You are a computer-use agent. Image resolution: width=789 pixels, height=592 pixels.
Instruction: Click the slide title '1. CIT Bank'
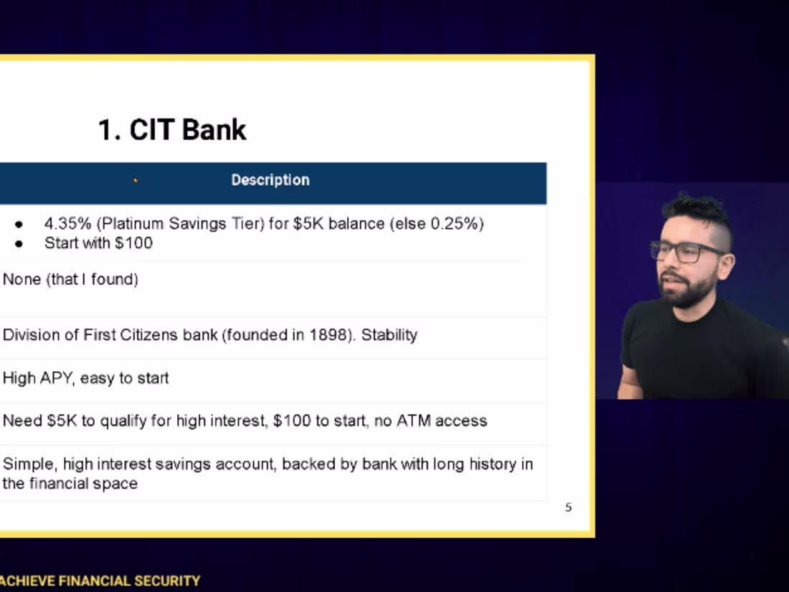pyautogui.click(x=172, y=130)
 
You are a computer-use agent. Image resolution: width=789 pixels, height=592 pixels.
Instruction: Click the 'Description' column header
pyautogui.click(x=270, y=180)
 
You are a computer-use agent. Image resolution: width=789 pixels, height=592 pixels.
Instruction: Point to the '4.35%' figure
pyautogui.click(x=67, y=224)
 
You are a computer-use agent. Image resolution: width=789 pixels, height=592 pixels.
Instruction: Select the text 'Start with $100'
pyautogui.click(x=98, y=243)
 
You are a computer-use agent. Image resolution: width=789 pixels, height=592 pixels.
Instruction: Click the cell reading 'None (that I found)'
pyautogui.click(x=70, y=280)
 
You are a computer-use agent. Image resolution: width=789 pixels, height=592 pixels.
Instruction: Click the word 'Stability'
pyautogui.click(x=389, y=335)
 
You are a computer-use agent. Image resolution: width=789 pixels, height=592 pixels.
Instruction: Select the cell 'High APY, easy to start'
pyautogui.click(x=86, y=378)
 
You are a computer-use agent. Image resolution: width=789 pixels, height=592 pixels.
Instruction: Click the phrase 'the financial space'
pyautogui.click(x=70, y=484)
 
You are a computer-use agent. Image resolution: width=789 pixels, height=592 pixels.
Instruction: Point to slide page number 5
pyautogui.click(x=568, y=508)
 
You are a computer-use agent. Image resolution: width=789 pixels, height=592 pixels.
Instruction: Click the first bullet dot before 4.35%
pyautogui.click(x=19, y=225)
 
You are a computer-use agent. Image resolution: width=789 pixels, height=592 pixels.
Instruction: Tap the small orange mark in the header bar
pyautogui.click(x=135, y=180)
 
